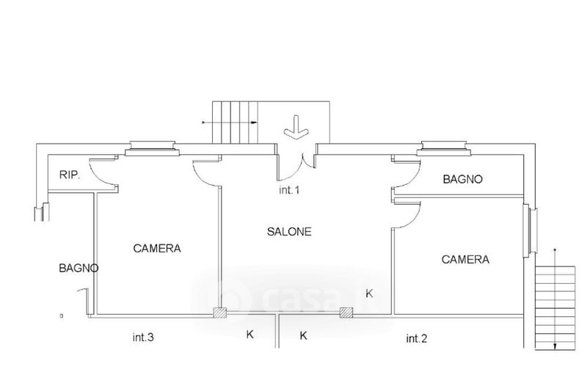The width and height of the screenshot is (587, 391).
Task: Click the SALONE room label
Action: coord(289,232)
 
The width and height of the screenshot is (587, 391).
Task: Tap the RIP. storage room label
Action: coord(70,175)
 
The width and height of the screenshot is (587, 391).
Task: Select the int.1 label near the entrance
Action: coord(289,190)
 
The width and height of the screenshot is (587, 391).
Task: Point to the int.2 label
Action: coord(417,339)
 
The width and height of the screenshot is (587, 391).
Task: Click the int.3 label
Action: coord(143,337)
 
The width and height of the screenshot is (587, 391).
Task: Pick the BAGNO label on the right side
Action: coord(463,179)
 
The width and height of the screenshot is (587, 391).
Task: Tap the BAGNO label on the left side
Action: coord(79,268)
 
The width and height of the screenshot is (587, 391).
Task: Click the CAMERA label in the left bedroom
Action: coord(157,249)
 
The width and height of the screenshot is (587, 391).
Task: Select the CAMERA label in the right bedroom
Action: coord(465,260)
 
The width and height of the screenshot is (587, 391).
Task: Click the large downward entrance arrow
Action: coord(296,128)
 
